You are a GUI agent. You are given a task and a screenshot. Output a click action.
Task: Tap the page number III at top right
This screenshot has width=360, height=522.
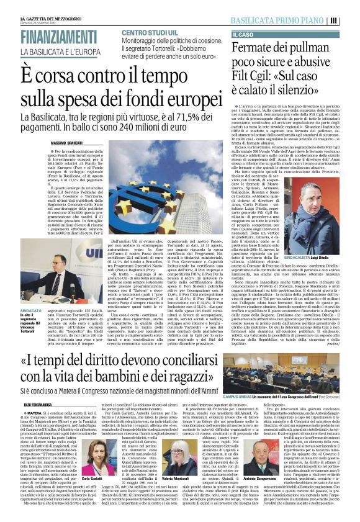tap(351, 20)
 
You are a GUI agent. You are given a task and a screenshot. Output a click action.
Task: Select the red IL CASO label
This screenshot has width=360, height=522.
tap(243, 35)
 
